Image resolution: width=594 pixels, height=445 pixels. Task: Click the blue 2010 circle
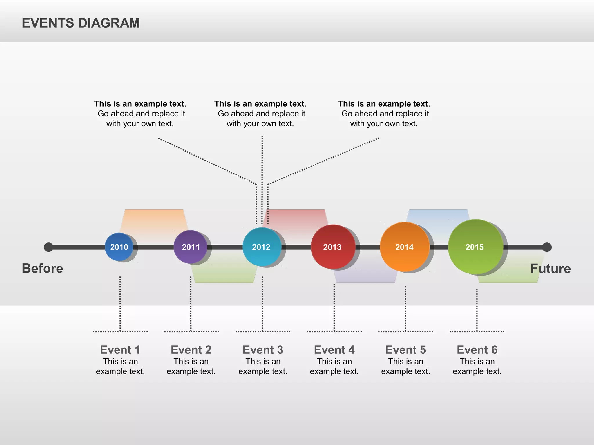119,247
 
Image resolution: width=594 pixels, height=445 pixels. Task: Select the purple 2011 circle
190,247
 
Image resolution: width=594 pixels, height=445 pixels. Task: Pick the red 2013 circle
333,247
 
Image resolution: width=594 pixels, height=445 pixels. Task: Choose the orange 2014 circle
404,247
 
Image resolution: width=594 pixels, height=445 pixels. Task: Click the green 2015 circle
475,247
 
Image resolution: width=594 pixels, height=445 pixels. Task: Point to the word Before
42,268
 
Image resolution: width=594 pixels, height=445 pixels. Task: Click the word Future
550,269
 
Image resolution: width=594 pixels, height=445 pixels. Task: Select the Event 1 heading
120,350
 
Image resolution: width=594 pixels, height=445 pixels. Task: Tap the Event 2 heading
191,350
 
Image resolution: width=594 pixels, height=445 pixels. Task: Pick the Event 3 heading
263,350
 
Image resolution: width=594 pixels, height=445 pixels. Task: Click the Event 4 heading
334,350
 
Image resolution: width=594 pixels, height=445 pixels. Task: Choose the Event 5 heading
405,350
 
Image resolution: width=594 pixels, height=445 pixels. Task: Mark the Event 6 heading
477,350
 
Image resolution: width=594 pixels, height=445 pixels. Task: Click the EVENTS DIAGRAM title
81,23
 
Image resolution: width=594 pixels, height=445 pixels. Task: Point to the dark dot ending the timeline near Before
48,247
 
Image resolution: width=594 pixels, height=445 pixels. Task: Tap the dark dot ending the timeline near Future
547,247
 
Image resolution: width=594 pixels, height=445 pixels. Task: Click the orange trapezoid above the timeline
154,220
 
